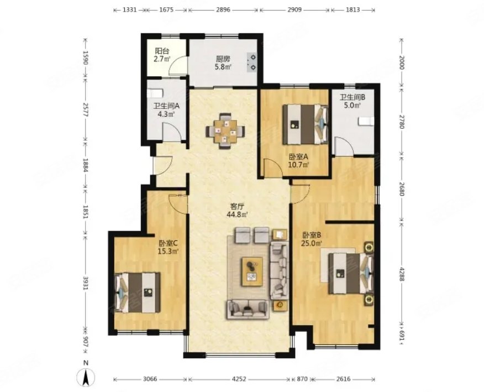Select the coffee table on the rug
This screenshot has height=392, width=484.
253,269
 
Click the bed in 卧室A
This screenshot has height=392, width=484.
305,124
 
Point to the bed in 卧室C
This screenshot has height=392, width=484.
138,291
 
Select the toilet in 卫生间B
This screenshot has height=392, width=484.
366,121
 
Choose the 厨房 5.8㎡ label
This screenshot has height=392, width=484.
223,62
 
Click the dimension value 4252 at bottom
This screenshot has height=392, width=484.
239,379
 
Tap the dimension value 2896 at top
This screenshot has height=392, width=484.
223,10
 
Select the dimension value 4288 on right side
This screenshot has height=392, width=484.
402,271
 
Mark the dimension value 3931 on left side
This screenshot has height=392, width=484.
85,281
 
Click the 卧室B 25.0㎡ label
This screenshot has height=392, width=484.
311,238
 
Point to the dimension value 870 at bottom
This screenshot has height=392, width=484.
302,379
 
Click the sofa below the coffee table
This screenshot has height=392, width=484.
247,309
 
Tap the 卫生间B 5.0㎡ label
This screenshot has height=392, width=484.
351,101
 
